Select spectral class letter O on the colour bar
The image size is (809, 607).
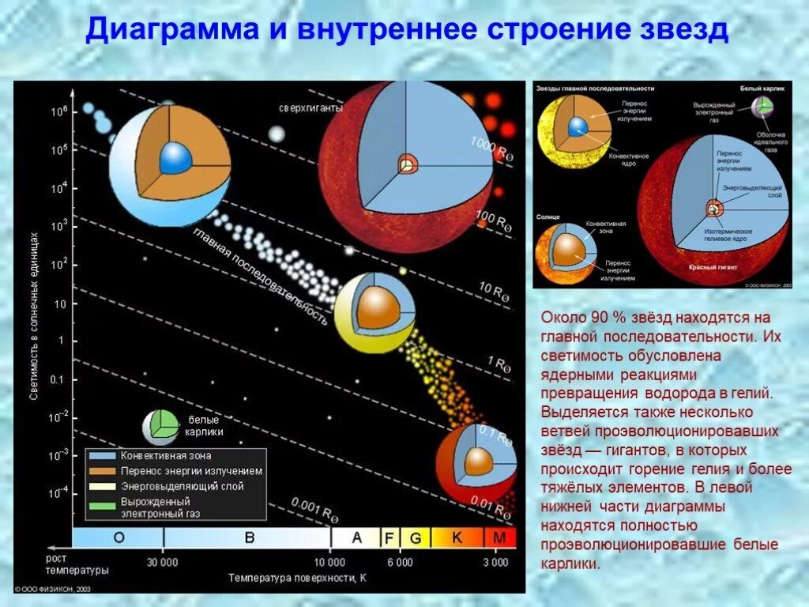click(119, 538)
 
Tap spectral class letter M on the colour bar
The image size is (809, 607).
click(499, 538)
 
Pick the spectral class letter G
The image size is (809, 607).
click(416, 538)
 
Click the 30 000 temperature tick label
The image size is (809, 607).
click(164, 562)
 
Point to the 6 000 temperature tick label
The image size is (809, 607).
click(399, 562)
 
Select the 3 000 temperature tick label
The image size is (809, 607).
click(495, 562)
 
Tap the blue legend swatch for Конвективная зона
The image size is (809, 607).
click(103, 456)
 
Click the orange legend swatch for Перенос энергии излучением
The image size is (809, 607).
click(103, 471)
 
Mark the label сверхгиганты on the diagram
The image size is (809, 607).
click(310, 108)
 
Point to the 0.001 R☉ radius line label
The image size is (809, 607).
click(314, 509)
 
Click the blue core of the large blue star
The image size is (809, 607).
click(175, 159)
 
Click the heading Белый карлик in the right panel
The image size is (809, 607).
click(762, 89)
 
